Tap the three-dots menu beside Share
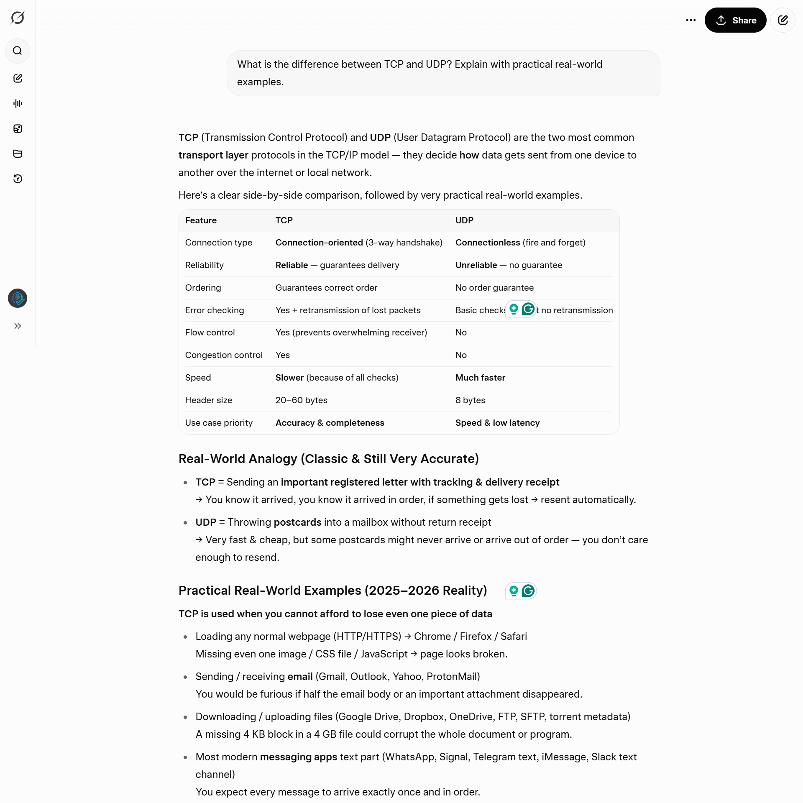coord(690,20)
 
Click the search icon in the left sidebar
coord(18,51)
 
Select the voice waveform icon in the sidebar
coord(18,103)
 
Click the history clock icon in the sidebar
coord(18,179)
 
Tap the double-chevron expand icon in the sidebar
coord(18,326)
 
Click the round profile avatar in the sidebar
coord(18,298)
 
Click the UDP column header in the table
coord(464,220)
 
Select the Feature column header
coord(201,220)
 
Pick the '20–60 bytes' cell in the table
coord(301,400)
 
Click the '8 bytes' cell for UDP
coord(470,400)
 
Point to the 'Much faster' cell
coord(480,378)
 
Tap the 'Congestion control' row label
coord(224,355)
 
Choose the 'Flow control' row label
coord(210,332)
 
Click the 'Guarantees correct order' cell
coord(326,288)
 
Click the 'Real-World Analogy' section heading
coord(328,459)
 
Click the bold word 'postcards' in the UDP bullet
coord(297,522)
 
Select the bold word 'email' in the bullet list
coord(300,677)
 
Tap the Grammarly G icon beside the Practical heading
coord(528,591)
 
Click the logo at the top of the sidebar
coord(18,18)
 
